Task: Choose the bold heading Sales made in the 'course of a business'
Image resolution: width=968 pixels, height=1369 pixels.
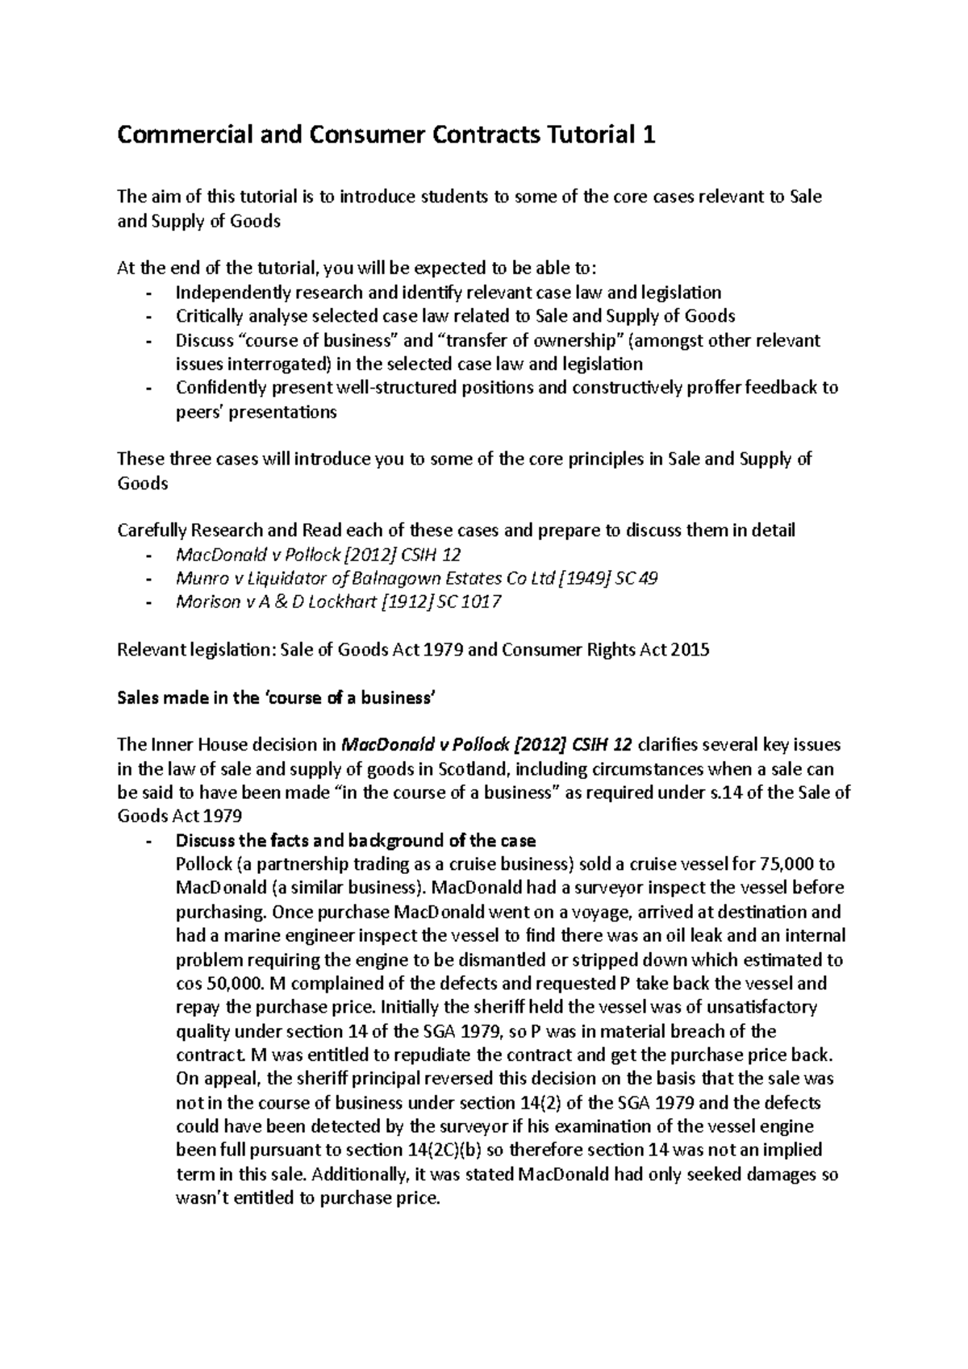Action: [276, 698]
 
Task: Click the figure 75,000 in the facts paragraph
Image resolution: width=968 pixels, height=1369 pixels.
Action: [786, 864]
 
